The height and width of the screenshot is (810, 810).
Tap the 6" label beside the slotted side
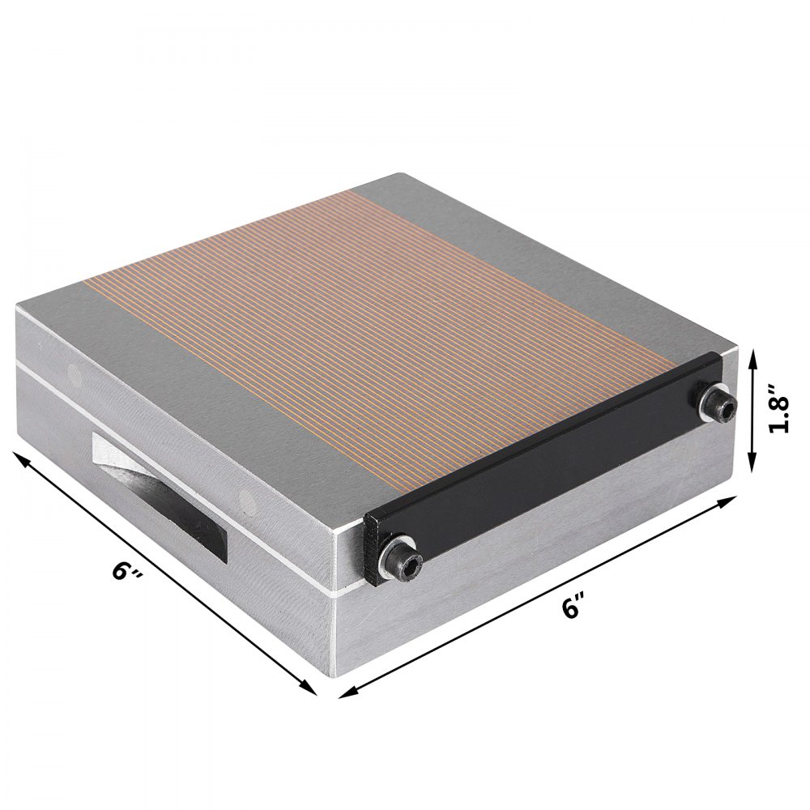pyautogui.click(x=129, y=572)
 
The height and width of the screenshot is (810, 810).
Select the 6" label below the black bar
pyautogui.click(x=574, y=606)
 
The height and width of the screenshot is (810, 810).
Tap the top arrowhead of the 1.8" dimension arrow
pyautogui.click(x=753, y=354)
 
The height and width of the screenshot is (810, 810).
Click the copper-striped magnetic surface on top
pyautogui.click(x=389, y=324)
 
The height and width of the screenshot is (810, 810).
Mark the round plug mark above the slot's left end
pyautogui.click(x=75, y=375)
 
